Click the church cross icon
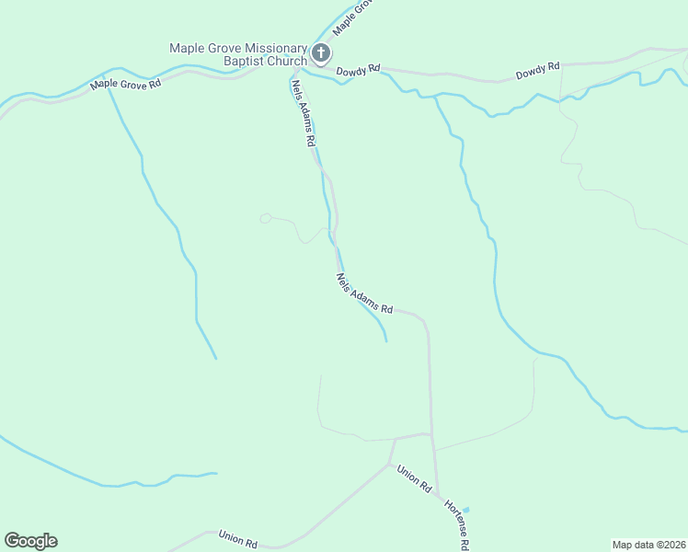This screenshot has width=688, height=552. pyautogui.click(x=320, y=53)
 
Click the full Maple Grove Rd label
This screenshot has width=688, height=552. pyautogui.click(x=125, y=85)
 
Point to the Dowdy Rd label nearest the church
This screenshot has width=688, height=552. pyautogui.click(x=358, y=70)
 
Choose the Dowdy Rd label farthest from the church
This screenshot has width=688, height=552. pyautogui.click(x=538, y=70)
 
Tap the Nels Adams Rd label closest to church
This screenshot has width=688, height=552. pyautogui.click(x=304, y=113)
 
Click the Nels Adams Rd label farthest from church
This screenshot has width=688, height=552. pyautogui.click(x=364, y=294)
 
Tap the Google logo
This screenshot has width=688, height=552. pyautogui.click(x=30, y=541)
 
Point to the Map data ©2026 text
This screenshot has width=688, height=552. pyautogui.click(x=648, y=544)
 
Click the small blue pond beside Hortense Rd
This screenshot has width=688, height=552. pyautogui.click(x=465, y=509)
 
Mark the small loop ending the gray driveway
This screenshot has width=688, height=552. pyautogui.click(x=265, y=218)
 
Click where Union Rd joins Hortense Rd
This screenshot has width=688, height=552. pyautogui.click(x=432, y=434)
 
